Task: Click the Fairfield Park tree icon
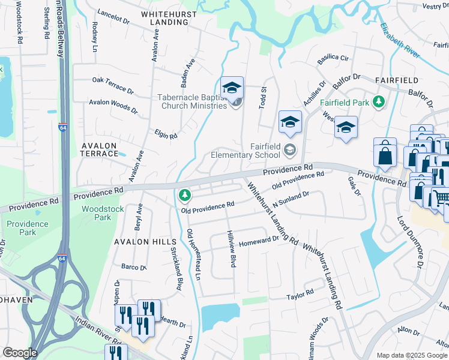pos(378,102)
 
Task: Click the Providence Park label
pos(27,228)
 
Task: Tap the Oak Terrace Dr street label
pos(113,85)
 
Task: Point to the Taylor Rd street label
pos(300,295)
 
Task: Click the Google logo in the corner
pos(20,353)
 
